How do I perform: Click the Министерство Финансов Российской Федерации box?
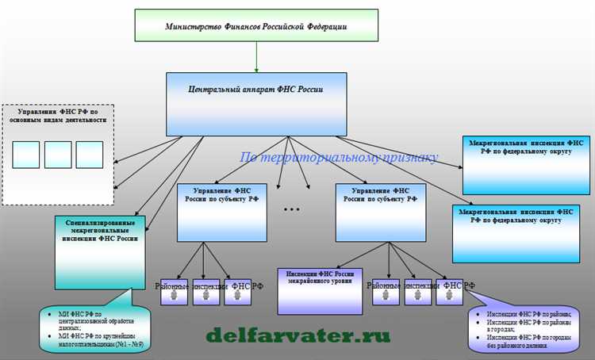point(256,25)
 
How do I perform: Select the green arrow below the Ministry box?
point(256,56)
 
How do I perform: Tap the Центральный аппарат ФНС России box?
point(256,103)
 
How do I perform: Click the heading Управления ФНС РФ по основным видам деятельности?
point(58,117)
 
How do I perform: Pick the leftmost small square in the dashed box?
point(26,154)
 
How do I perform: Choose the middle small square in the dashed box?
point(58,154)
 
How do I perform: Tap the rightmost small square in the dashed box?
point(89,154)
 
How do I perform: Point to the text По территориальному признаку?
point(339,157)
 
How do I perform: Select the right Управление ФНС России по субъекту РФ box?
point(381,213)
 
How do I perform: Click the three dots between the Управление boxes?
point(291,209)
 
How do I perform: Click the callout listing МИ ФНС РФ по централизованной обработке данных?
point(98,325)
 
